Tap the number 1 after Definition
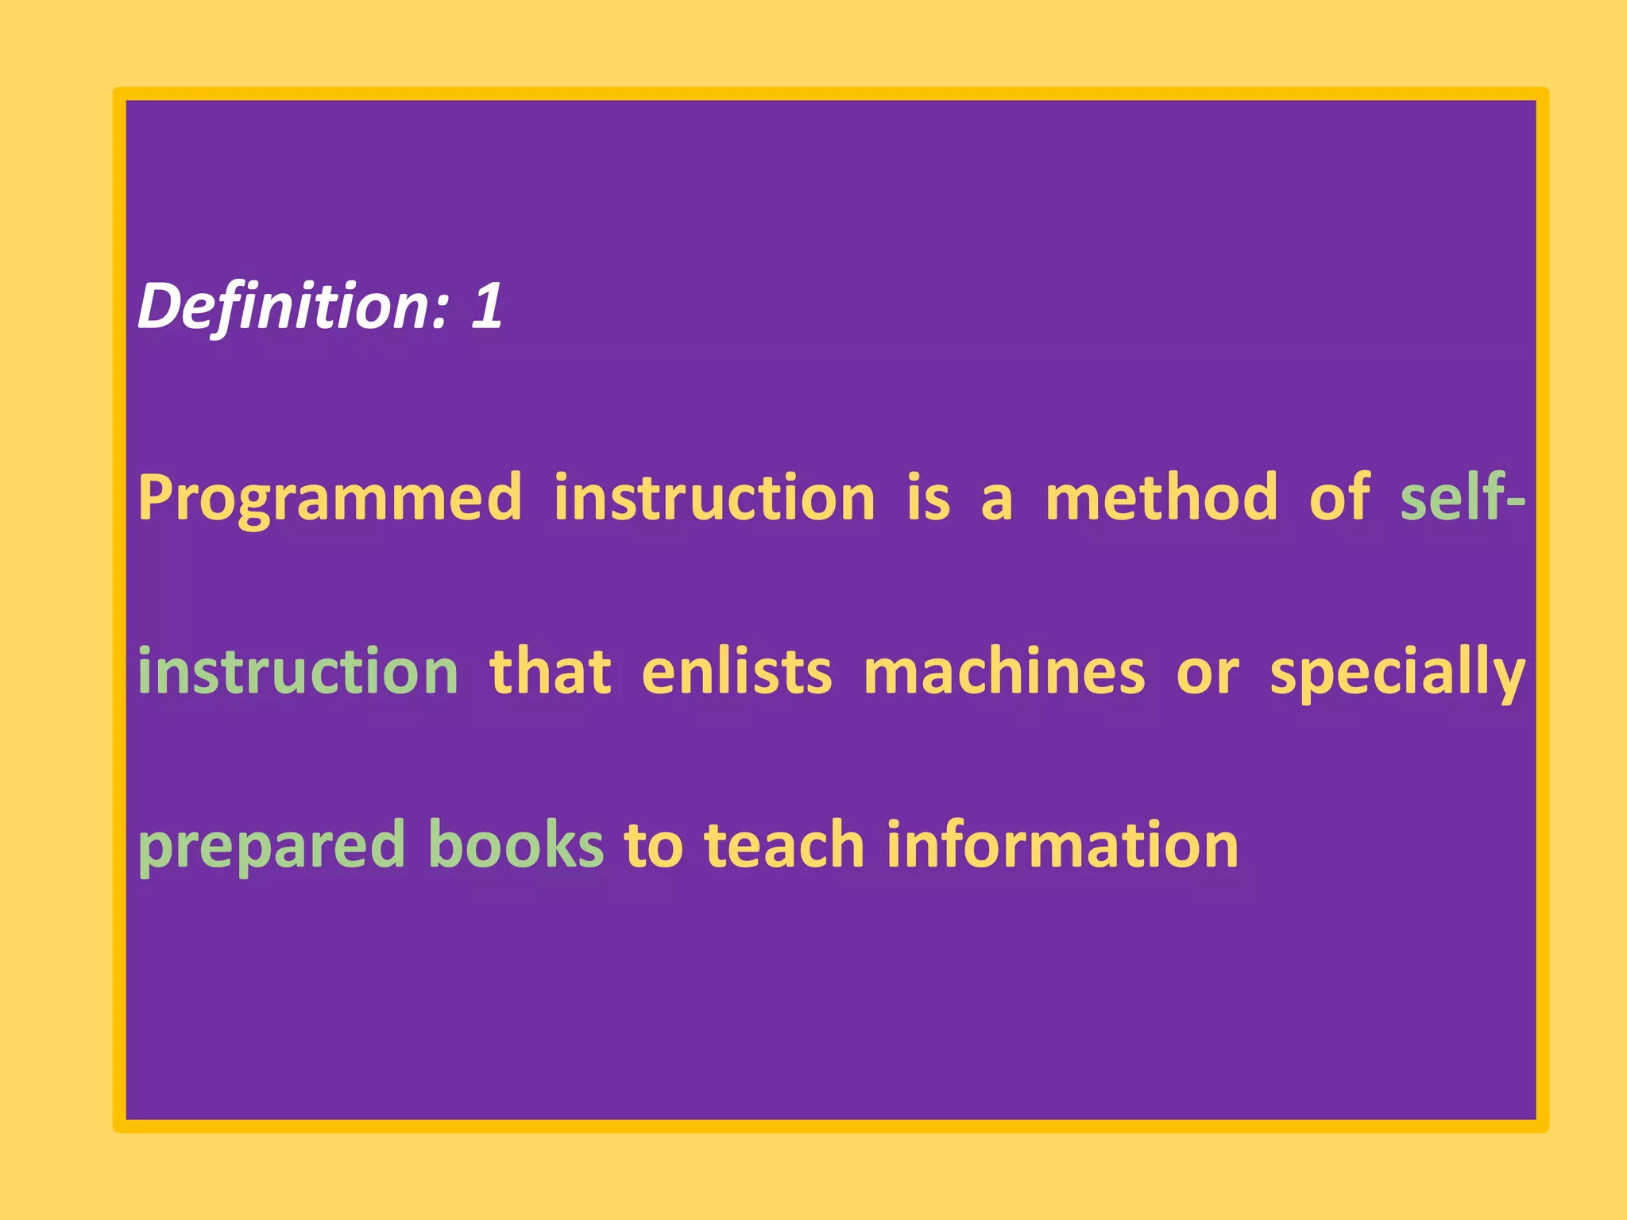pyautogui.click(x=486, y=306)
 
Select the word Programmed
pyautogui.click(x=330, y=499)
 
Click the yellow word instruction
pyautogui.click(x=714, y=497)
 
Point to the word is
pyautogui.click(x=928, y=497)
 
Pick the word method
pyautogui.click(x=1161, y=497)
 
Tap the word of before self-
pyautogui.click(x=1340, y=497)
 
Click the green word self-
pyautogui.click(x=1463, y=497)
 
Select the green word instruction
pyautogui.click(x=298, y=671)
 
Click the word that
pyautogui.click(x=551, y=671)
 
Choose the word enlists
pyautogui.click(x=736, y=671)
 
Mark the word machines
pyautogui.click(x=1004, y=671)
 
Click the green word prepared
pyautogui.click(x=272, y=846)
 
